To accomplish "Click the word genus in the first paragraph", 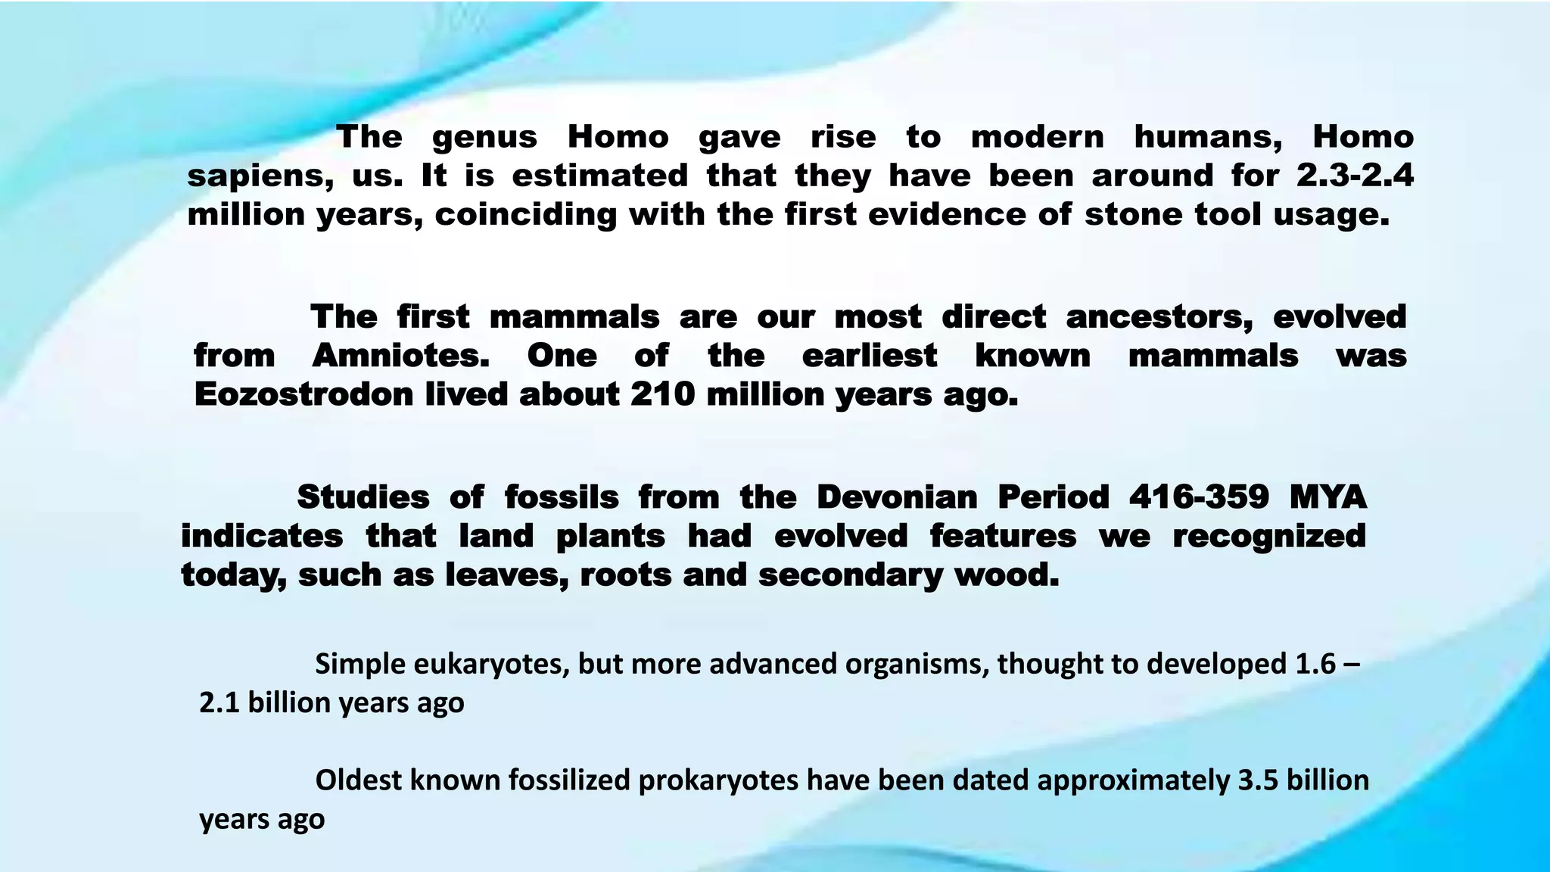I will (x=484, y=138).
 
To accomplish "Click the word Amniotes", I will (x=400, y=356).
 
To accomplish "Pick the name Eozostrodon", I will (x=303, y=395).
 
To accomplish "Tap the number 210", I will (x=662, y=394).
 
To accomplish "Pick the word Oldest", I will (x=358, y=780).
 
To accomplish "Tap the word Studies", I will (x=363, y=498).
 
